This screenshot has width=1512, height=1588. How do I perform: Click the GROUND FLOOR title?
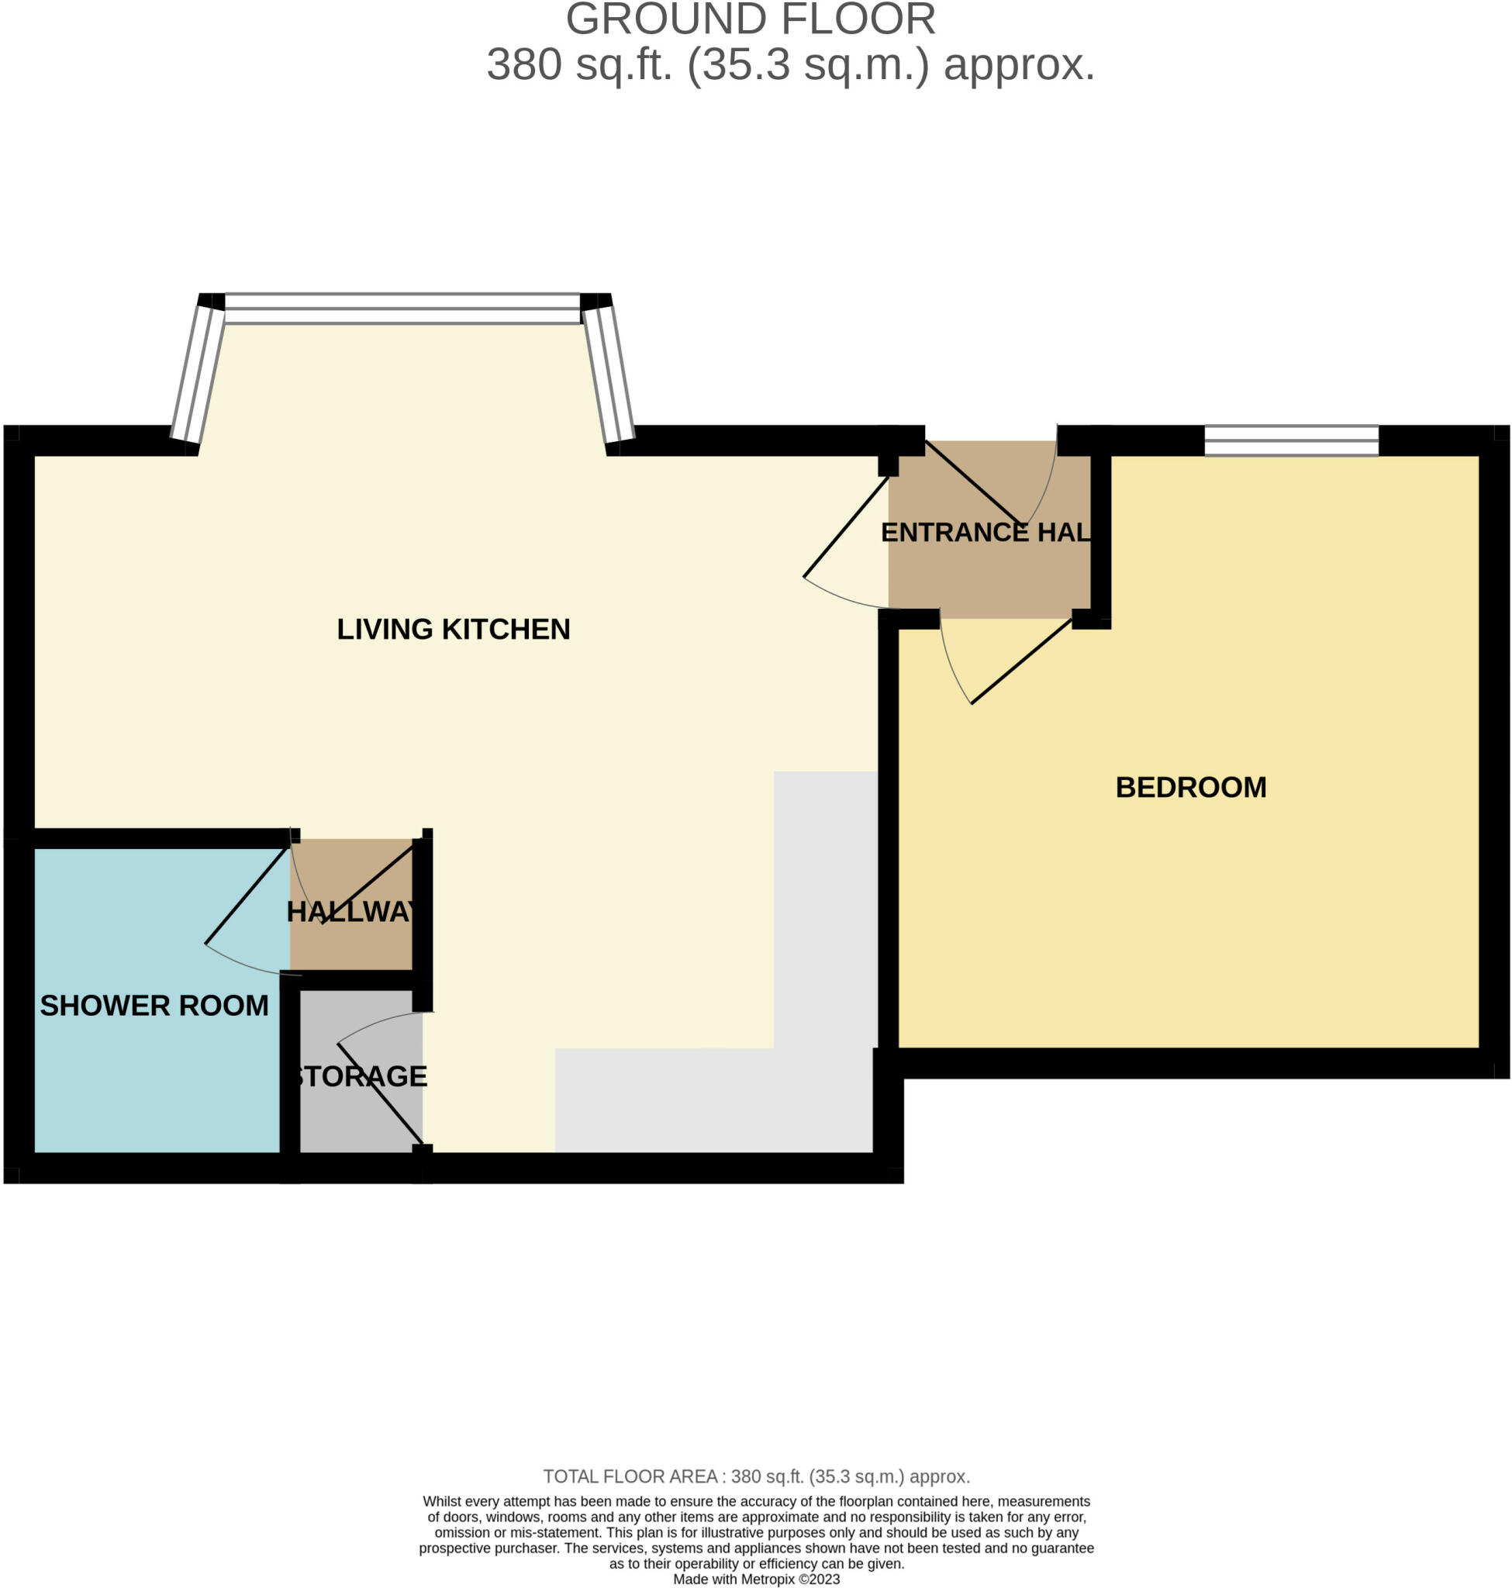pyautogui.click(x=751, y=19)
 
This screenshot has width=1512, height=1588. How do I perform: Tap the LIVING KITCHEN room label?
pyautogui.click(x=453, y=629)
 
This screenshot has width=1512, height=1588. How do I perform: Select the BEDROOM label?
pyautogui.click(x=1190, y=787)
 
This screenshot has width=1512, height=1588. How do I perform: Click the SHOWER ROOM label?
pyautogui.click(x=154, y=1005)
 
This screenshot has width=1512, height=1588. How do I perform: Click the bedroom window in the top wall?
pyautogui.click(x=1291, y=441)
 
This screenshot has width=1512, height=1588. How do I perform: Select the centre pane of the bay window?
pyautogui.click(x=402, y=309)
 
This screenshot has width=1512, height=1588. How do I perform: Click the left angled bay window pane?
pyautogui.click(x=198, y=375)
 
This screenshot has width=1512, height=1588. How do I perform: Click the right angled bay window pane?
pyautogui.click(x=609, y=375)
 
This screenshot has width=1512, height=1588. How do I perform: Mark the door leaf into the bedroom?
pyautogui.click(x=1022, y=662)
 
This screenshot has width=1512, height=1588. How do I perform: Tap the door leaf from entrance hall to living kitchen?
pyautogui.click(x=846, y=526)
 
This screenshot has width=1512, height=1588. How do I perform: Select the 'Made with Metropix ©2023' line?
pyautogui.click(x=756, y=1579)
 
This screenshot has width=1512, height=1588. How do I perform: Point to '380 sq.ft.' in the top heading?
pyautogui.click(x=579, y=64)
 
